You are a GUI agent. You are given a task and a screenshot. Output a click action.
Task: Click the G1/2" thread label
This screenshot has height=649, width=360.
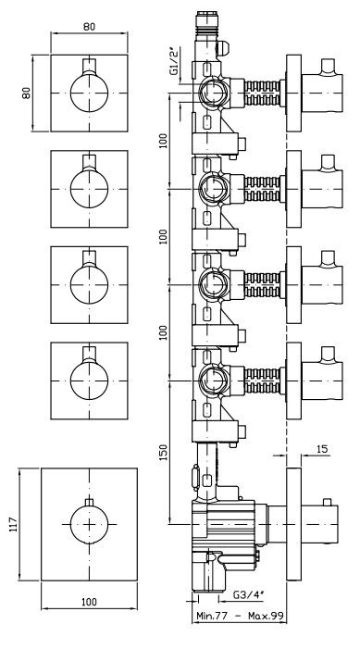coord(175,61)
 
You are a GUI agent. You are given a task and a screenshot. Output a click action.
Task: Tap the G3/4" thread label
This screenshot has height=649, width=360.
coord(248,594)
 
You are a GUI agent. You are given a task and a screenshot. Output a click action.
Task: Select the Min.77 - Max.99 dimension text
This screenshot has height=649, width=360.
coord(240,616)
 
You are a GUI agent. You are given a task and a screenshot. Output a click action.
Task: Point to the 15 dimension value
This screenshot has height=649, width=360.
coord(322,449)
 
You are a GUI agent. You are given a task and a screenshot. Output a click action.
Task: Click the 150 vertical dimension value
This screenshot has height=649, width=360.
coord(164,453)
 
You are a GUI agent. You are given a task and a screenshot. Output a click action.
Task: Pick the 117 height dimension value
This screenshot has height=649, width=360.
coord(12,524)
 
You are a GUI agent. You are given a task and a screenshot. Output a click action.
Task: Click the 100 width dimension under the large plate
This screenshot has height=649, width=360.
coord(89,602)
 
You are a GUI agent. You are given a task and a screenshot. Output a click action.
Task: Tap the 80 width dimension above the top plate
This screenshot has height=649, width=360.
coord(89,27)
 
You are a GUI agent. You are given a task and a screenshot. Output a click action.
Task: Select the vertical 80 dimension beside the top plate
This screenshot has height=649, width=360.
coord(26,93)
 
